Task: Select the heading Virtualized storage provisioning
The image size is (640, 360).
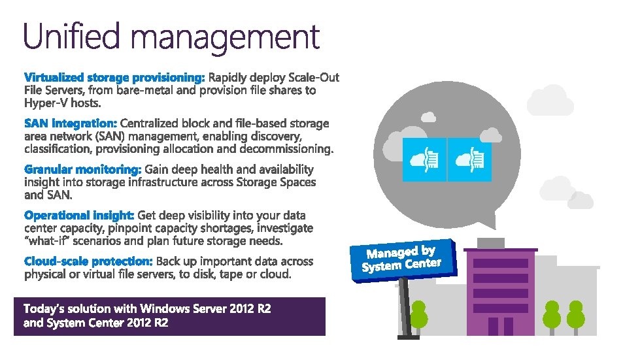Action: (x=114, y=78)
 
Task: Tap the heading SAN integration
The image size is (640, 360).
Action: (x=71, y=123)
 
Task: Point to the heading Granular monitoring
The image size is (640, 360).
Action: (x=82, y=169)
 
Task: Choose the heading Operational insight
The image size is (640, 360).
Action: (x=79, y=215)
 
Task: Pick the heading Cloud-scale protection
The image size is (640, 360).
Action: (x=88, y=261)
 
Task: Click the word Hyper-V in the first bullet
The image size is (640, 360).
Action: (x=44, y=103)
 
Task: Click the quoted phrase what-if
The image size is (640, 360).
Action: (x=46, y=241)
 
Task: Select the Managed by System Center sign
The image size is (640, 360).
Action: (x=401, y=259)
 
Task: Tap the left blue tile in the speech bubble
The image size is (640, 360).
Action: (x=423, y=159)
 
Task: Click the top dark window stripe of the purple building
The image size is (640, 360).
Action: (x=500, y=263)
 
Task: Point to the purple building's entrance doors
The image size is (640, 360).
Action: (x=500, y=325)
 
